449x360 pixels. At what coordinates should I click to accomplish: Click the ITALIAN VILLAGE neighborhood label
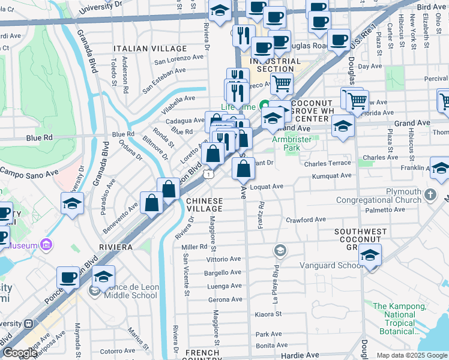pyautogui.click(x=152, y=48)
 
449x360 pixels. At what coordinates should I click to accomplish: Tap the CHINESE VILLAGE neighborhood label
pyautogui.click(x=204, y=205)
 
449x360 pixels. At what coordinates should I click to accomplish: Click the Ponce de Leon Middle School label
pyautogui.click(x=131, y=291)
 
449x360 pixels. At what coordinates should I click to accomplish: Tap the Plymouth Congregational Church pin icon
pyautogui.click(x=430, y=194)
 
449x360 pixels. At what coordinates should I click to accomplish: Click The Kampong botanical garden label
pyautogui.click(x=399, y=319)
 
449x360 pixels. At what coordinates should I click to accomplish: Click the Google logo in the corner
pyautogui.click(x=20, y=353)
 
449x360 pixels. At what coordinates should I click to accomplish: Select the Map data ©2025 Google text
pyautogui.click(x=411, y=355)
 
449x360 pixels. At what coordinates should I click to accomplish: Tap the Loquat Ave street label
pyautogui.click(x=266, y=187)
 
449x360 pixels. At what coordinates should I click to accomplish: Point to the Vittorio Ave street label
pyautogui.click(x=223, y=259)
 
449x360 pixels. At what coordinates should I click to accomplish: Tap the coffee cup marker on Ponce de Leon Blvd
pyautogui.click(x=68, y=278)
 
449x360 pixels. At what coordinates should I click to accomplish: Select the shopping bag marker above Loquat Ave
pyautogui.click(x=243, y=169)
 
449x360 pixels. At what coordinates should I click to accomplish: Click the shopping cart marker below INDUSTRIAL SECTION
pyautogui.click(x=282, y=83)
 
